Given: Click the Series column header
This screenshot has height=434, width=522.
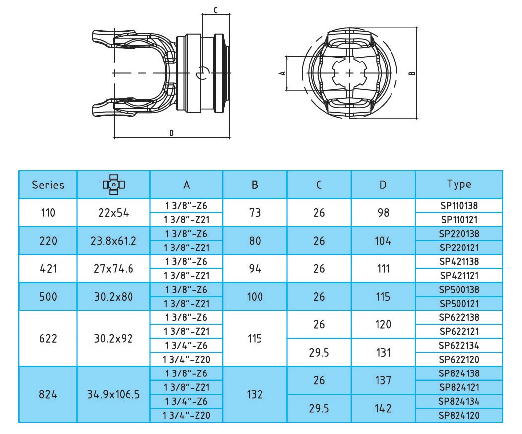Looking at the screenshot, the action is pos(48,185).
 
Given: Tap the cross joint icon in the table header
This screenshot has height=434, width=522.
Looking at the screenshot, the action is pos(114,185).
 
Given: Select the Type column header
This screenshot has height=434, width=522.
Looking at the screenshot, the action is pos(459,185).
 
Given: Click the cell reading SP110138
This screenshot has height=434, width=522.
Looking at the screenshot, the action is pos(459,206).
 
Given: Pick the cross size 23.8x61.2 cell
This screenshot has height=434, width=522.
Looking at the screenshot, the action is pos(114,241).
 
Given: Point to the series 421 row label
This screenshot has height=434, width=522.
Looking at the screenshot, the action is pos(48,269).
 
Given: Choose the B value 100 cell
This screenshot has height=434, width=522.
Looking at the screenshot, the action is pos(255,297).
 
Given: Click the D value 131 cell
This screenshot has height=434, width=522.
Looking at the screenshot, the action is pos(383,353).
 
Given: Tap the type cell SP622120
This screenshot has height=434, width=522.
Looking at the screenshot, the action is pos(459,360).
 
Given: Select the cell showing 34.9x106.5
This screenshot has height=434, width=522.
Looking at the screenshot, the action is pos(114,394).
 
